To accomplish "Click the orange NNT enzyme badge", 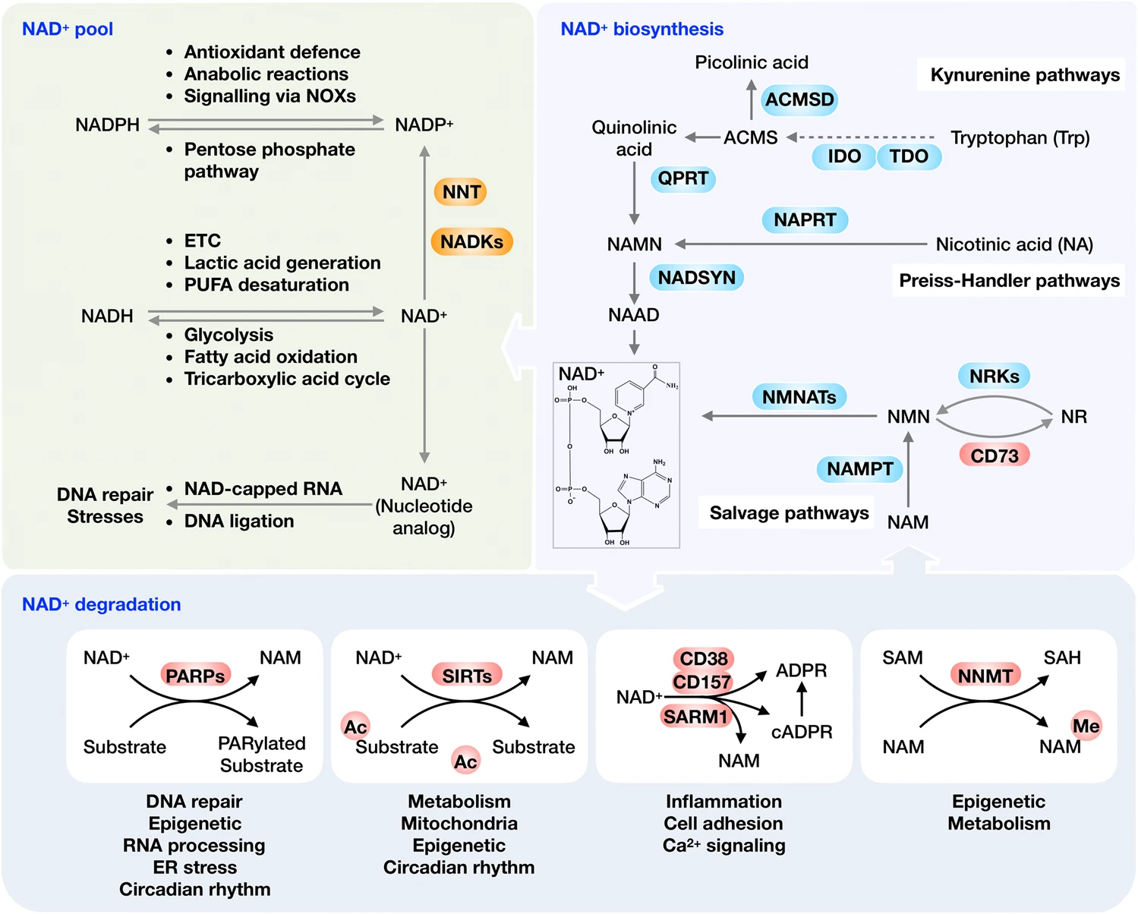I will point(461,192).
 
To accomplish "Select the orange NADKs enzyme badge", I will point(471,241).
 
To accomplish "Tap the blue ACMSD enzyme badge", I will point(799,99).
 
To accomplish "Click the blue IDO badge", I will point(843,156).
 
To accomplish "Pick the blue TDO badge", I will point(909,156).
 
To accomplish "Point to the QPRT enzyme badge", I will point(682,178).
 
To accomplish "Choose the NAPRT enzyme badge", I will point(805,220).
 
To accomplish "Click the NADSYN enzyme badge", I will point(696,278).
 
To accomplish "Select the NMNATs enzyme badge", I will point(799,397).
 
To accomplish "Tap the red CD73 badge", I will point(994,455).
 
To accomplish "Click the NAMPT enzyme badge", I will point(859,469).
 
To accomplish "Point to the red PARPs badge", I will point(195,676).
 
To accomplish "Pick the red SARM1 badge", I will point(695,717).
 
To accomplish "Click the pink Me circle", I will point(1086,726).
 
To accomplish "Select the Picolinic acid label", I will point(752,62).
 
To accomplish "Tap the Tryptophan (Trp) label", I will point(1020,137).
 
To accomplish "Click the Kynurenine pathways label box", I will point(1024,75).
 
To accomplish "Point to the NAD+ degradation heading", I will point(101,604).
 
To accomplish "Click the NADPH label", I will point(107,124).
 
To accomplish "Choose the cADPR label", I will point(802,732).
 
